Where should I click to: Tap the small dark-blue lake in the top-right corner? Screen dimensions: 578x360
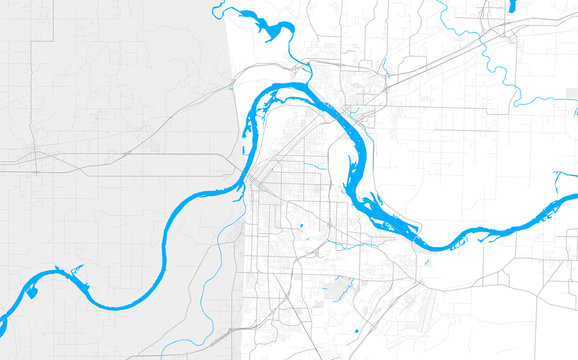pyautogui.click(x=512, y=5)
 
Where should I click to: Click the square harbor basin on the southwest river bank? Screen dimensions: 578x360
pyautogui.click(x=31, y=291)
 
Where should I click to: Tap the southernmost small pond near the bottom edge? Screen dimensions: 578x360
pyautogui.click(x=355, y=329)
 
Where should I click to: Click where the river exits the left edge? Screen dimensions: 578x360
pyautogui.click(x=2, y=326)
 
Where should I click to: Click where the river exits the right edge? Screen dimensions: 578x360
pyautogui.click(x=575, y=199)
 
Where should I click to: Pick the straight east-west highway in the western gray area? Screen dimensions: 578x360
pyautogui.click(x=130, y=155)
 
